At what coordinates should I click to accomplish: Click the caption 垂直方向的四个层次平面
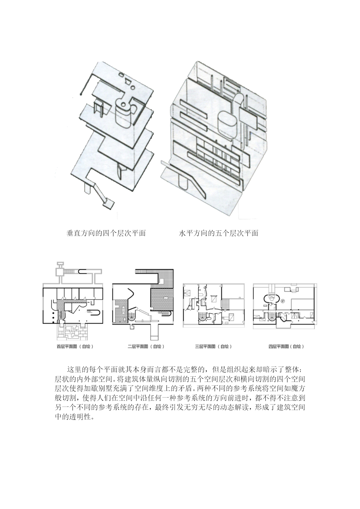tap(106, 233)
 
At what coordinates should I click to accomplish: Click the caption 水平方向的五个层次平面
tap(218, 233)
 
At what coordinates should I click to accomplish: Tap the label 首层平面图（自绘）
tap(75, 346)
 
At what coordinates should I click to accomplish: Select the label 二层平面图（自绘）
tap(146, 346)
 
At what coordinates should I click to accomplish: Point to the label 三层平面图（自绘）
tap(214, 346)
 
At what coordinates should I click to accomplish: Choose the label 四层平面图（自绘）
tap(286, 346)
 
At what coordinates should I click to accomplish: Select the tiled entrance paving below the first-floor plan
tap(72, 331)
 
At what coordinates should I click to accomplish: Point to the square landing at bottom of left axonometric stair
tap(109, 203)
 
